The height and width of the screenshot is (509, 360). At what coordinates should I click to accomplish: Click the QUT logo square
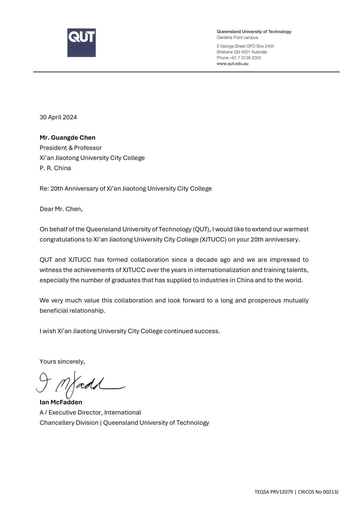click(x=81, y=43)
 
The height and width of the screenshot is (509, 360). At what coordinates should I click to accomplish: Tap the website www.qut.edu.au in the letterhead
click(x=232, y=64)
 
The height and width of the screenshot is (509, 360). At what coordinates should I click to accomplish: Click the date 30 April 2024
click(x=58, y=117)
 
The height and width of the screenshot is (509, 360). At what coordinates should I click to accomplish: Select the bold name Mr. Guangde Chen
click(x=67, y=137)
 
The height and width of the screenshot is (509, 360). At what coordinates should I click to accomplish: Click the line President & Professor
click(x=70, y=148)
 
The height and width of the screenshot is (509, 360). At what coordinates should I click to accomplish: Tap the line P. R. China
click(x=55, y=168)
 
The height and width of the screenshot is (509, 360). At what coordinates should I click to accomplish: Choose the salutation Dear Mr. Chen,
click(x=61, y=209)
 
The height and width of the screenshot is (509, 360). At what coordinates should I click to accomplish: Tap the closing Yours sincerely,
click(x=62, y=361)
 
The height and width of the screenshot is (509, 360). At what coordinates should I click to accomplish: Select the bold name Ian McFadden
click(x=61, y=402)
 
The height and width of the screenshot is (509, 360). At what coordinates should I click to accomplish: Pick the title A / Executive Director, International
click(x=90, y=412)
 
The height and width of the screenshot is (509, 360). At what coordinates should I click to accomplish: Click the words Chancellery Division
click(x=69, y=423)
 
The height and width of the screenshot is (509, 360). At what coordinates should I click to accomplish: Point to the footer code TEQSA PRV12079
click(x=274, y=492)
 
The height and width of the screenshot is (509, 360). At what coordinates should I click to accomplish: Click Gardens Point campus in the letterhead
click(x=237, y=37)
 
